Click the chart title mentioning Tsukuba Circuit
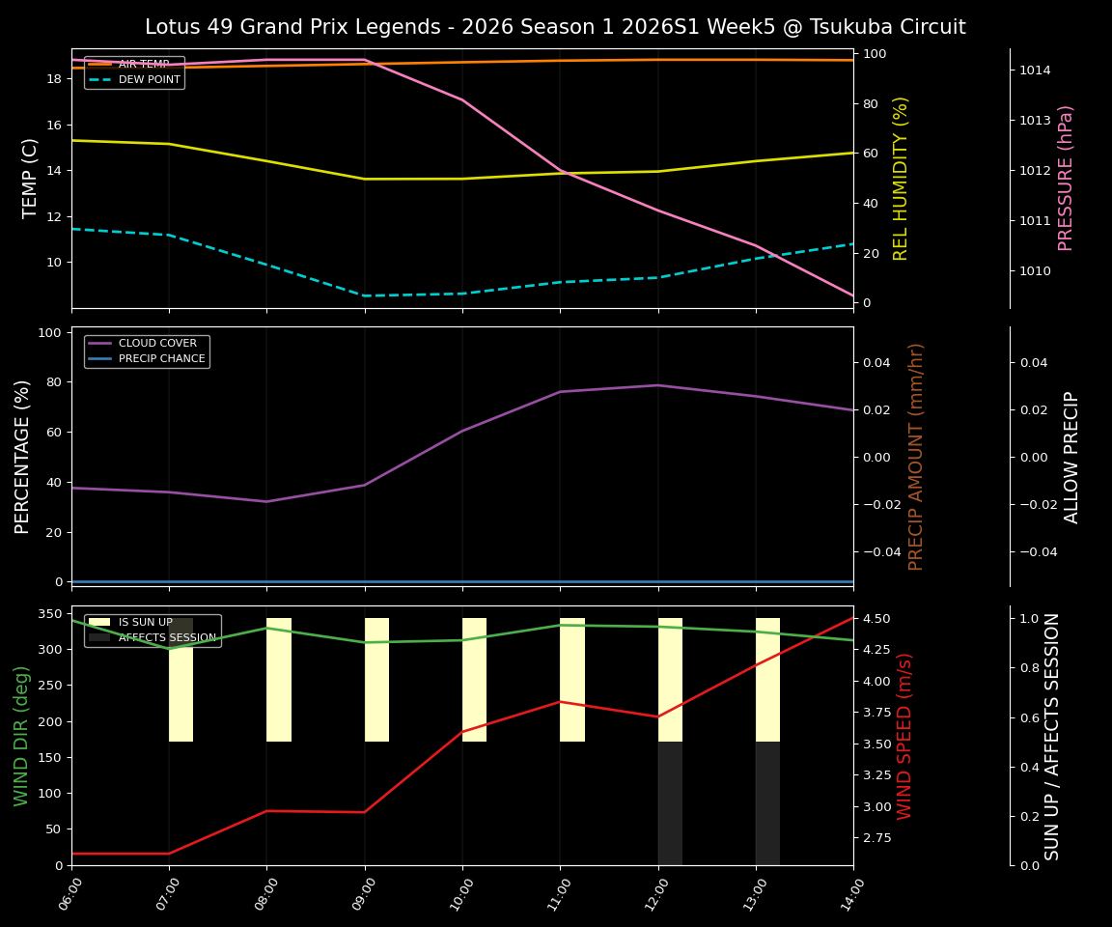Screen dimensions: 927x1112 click(x=555, y=27)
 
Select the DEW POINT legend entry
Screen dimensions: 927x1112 click(x=149, y=79)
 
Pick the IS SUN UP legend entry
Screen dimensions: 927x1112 click(x=145, y=622)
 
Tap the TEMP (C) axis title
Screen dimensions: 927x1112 click(x=31, y=178)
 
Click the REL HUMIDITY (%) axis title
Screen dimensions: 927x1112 click(x=902, y=178)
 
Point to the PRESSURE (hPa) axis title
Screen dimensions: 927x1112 click(x=1066, y=178)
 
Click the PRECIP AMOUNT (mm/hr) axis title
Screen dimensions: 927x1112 click(x=916, y=456)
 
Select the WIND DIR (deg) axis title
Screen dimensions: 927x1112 click(x=21, y=735)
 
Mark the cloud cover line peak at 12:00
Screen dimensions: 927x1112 click(x=658, y=385)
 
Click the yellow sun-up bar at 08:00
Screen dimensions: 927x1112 click(x=279, y=680)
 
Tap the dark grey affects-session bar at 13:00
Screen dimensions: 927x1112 click(x=767, y=802)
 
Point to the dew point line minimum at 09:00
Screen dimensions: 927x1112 click(x=365, y=295)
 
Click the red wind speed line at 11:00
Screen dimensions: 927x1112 click(x=560, y=701)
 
